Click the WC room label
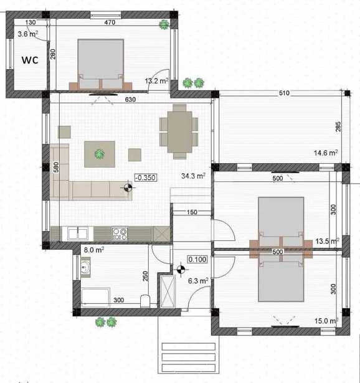[x=30, y=60]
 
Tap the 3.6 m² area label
[x=28, y=34]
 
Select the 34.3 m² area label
[x=193, y=176]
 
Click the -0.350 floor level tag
[x=146, y=177]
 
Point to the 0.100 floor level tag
[x=197, y=260]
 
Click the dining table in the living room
[x=179, y=132]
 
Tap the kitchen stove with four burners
[x=120, y=234]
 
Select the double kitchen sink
[x=78, y=234]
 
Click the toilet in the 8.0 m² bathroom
[x=145, y=301]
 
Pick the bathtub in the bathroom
[x=95, y=298]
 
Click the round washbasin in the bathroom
[x=85, y=267]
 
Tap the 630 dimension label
[x=130, y=100]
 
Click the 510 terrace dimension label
[x=284, y=93]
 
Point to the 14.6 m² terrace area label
[x=326, y=153]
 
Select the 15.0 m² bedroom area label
[x=326, y=321]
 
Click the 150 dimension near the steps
[x=192, y=212]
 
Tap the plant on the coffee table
[x=100, y=154]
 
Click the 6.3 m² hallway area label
[x=198, y=281]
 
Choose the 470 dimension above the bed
[x=110, y=22]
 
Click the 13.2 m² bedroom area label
[x=156, y=81]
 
